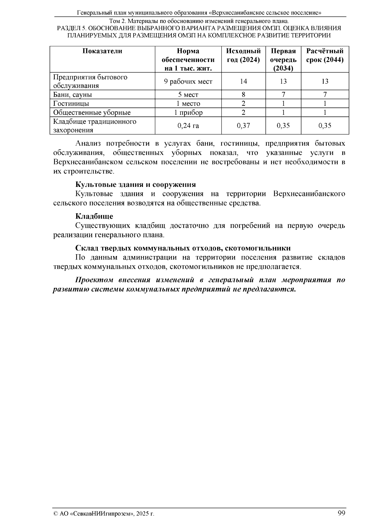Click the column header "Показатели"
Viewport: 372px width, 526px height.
click(102, 51)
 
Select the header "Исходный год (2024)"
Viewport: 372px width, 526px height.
click(243, 55)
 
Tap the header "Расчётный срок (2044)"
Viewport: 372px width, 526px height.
click(325, 55)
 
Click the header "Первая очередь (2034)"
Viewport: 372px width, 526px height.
click(283, 60)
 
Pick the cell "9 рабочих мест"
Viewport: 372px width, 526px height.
click(188, 82)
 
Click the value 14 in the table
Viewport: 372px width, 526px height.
click(243, 82)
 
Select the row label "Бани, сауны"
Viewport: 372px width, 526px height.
click(73, 95)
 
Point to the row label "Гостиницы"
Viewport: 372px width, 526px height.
click(71, 104)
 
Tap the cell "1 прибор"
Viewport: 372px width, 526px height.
click(188, 113)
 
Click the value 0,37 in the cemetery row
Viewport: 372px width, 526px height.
click(243, 126)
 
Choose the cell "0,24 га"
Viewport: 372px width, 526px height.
click(188, 126)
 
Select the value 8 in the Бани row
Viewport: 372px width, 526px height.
click(243, 95)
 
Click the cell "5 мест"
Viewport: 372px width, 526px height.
click(188, 95)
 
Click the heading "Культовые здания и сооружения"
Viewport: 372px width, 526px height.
click(135, 185)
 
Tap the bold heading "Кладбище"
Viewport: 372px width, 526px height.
click(94, 216)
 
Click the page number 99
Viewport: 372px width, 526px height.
click(341, 513)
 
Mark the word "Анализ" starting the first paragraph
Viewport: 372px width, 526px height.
click(88, 144)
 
